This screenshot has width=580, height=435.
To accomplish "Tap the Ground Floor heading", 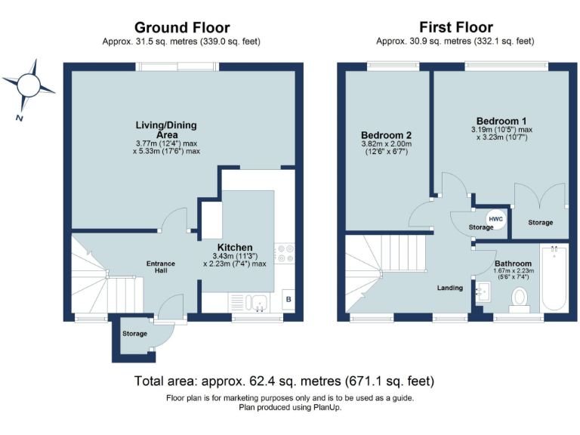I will (181, 28).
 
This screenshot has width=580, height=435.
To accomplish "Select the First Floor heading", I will (456, 28).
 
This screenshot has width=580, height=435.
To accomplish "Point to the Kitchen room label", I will (234, 247).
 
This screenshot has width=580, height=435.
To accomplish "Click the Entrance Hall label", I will (160, 268).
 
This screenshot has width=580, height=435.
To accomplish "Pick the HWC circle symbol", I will (495, 219).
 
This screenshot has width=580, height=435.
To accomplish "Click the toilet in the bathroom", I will (519, 299).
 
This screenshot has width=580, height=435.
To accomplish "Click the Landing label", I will (450, 288).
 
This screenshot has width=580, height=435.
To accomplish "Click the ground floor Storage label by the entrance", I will (133, 333).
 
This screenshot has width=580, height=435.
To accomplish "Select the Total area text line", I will (284, 381).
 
